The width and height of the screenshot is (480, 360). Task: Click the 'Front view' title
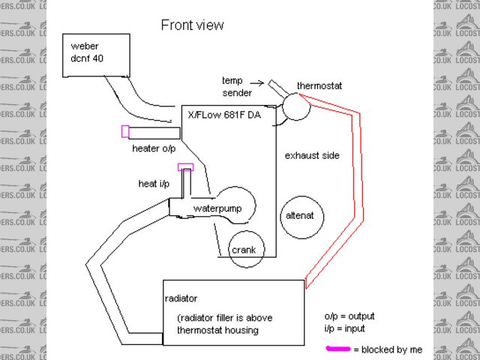pos(192,25)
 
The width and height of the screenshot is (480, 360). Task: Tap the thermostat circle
pos(293,108)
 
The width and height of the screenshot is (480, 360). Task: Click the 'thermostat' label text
pos(319,86)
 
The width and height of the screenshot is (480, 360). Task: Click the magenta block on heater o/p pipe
pos(125,132)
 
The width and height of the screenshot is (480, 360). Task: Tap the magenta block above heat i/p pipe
pos(185,167)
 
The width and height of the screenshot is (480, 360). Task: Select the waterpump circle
pos(232,205)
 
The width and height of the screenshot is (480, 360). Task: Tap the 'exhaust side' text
pos(312,156)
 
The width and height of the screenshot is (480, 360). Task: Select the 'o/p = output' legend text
pos(349,316)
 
